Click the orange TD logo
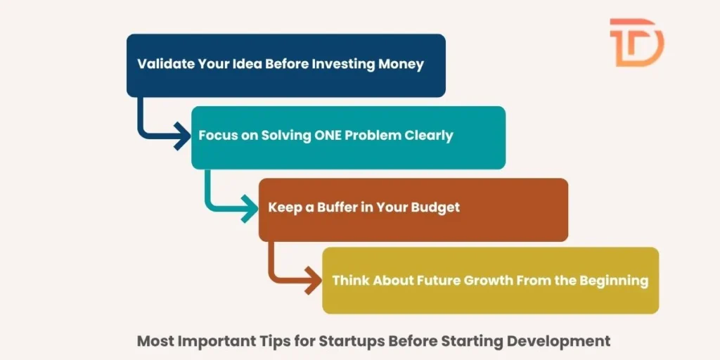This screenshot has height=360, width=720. click(x=636, y=43)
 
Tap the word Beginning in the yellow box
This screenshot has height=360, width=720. click(x=613, y=280)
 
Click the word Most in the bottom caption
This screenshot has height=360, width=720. click(x=156, y=342)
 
